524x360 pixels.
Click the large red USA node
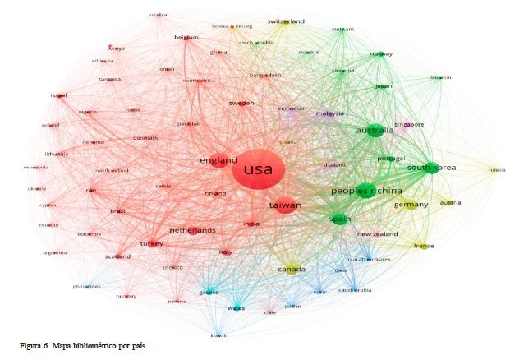click(x=258, y=172)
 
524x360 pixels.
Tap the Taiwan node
click(x=285, y=205)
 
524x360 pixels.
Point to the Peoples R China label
click(x=364, y=191)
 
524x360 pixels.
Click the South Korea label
click(x=430, y=168)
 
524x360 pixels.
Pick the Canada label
click(x=292, y=270)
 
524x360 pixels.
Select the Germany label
click(x=411, y=205)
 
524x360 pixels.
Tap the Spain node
click(x=340, y=219)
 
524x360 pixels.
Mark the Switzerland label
click(x=286, y=21)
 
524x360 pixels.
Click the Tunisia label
click(x=497, y=170)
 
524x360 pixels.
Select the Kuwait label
click(x=218, y=335)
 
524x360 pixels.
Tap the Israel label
click(x=58, y=95)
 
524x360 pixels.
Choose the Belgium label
click(x=186, y=38)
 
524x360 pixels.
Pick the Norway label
click(x=381, y=54)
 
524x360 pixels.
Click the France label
click(x=424, y=246)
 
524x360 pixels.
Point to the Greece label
click(x=209, y=292)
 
